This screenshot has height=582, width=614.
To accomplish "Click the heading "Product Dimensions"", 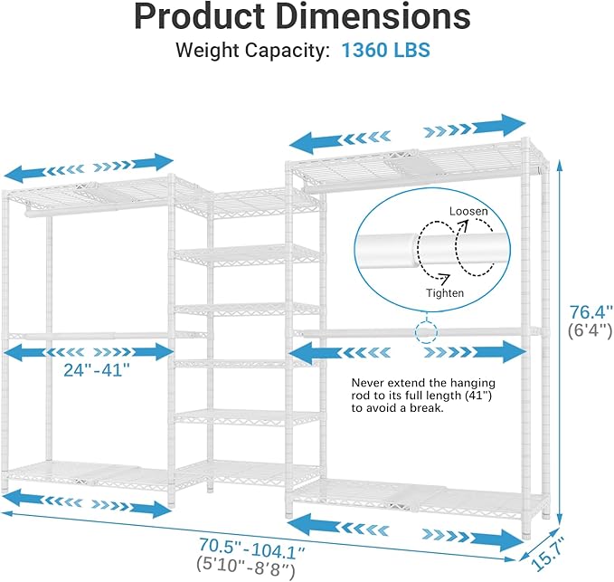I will [307, 18].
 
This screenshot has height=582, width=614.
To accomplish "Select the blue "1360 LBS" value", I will [385, 51].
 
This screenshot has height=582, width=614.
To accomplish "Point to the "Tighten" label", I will [446, 292].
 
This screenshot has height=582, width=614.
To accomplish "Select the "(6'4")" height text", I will [590, 332].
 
